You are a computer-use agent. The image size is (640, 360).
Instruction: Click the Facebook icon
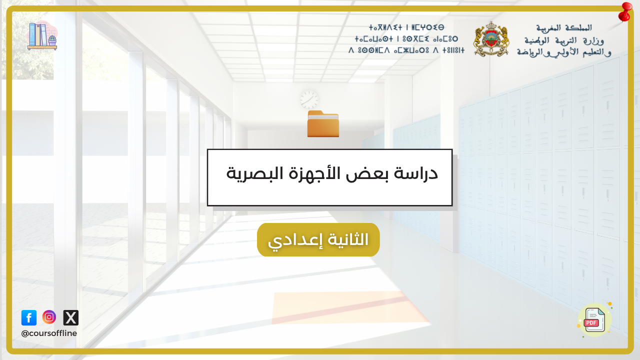click(29, 317)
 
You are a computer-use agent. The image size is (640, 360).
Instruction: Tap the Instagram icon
click(49, 317)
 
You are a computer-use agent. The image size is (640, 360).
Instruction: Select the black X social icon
click(71, 317)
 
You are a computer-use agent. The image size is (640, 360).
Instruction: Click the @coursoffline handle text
click(49, 333)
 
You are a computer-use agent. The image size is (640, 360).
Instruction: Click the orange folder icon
click(323, 123)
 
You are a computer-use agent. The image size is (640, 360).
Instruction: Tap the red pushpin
click(624, 12)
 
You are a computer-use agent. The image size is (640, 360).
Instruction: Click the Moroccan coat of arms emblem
click(491, 39)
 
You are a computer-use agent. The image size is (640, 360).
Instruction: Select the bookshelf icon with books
click(42, 36)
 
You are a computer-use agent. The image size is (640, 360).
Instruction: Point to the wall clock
click(309, 99)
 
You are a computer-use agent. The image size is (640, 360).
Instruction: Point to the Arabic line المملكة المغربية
click(564, 28)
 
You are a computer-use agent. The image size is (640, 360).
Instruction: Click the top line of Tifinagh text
click(406, 27)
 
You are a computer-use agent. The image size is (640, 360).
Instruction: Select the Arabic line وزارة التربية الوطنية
click(564, 40)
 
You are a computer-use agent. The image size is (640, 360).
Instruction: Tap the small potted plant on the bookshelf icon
click(52, 40)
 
